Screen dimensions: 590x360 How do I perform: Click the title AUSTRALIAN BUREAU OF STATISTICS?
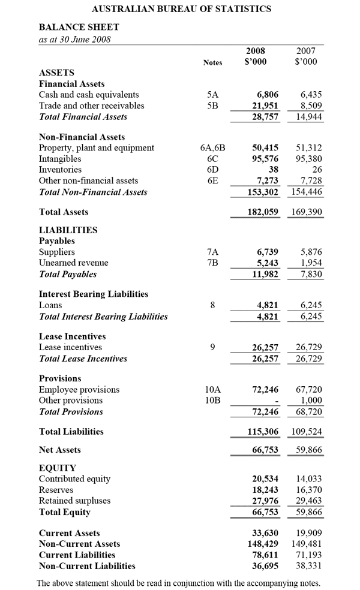(x=181, y=9)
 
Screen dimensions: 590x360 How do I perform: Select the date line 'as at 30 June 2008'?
(x=74, y=40)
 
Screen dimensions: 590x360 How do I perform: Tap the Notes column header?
(x=212, y=62)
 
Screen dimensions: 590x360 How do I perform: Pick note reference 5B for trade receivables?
(x=212, y=106)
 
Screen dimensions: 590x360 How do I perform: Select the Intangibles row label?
(x=60, y=159)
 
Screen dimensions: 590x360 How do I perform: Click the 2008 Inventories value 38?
(x=272, y=170)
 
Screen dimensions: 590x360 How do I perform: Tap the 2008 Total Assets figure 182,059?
(x=263, y=212)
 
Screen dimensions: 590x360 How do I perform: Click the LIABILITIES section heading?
(x=68, y=230)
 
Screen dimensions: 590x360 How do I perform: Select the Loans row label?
(x=50, y=305)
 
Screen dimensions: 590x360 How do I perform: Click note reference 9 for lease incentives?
(x=212, y=347)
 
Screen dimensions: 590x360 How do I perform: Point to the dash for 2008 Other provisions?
(x=276, y=401)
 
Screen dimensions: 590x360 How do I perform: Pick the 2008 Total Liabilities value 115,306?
(x=263, y=431)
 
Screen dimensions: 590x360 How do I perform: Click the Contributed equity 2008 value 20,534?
(x=265, y=479)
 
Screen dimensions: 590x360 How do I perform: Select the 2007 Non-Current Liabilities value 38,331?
(x=310, y=565)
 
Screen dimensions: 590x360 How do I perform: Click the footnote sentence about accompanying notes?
(x=178, y=583)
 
